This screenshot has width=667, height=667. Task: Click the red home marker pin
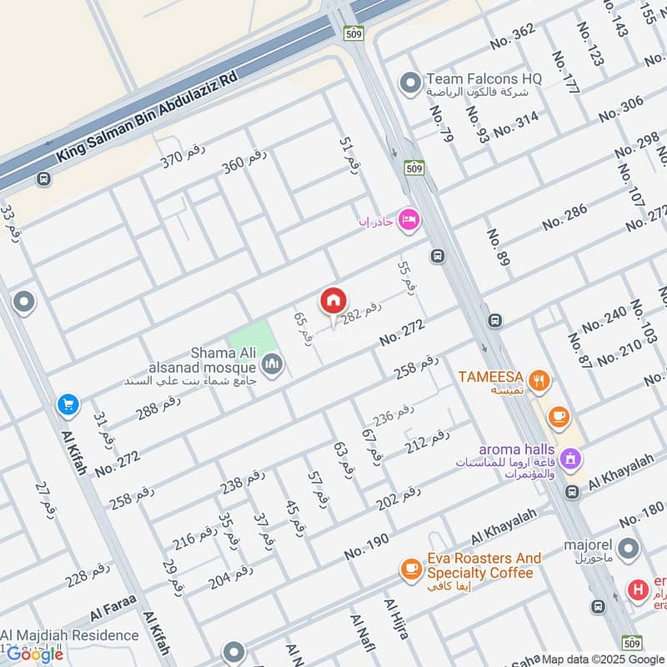(x=333, y=301)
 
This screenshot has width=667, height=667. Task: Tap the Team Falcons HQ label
(x=484, y=78)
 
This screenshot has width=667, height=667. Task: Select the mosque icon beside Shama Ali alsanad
(x=272, y=364)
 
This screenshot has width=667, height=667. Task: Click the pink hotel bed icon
(x=409, y=219)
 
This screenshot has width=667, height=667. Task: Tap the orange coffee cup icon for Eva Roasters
(x=410, y=568)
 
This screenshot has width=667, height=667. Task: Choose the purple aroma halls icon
(x=571, y=457)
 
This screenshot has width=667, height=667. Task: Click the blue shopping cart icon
(x=68, y=405)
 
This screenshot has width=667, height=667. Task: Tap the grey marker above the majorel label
(x=629, y=549)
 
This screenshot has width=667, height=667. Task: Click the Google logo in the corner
(x=35, y=654)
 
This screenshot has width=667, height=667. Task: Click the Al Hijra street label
(x=396, y=618)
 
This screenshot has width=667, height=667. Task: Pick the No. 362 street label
(x=513, y=36)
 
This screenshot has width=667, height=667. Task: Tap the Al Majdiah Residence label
(x=70, y=636)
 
